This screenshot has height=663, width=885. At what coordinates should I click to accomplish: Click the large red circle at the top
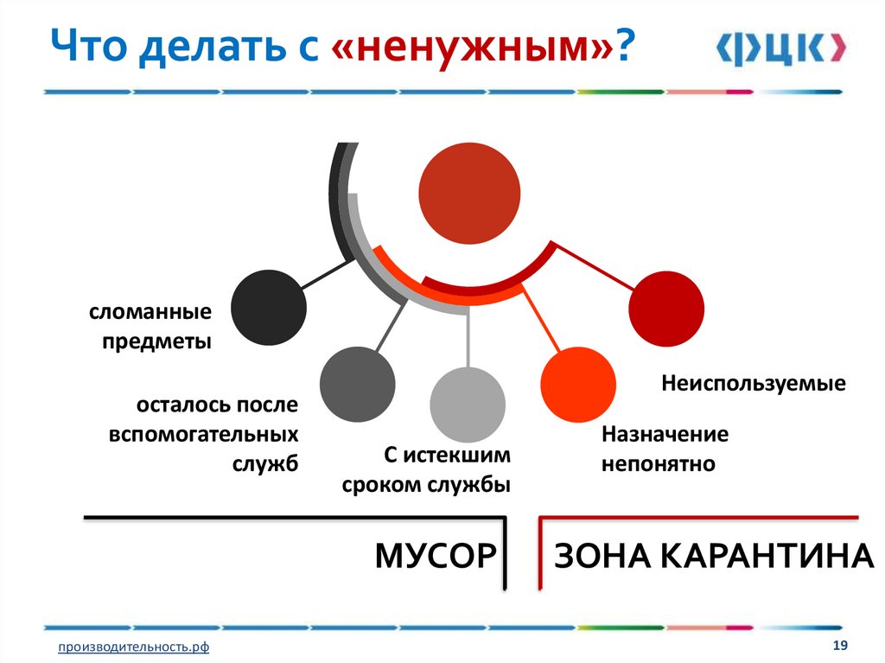469,192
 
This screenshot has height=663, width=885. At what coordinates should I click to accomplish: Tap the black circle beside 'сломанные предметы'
269,309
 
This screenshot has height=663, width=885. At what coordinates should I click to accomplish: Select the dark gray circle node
357,384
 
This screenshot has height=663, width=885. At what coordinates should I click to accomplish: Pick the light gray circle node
468,405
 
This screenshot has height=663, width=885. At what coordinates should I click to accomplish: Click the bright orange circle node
577,384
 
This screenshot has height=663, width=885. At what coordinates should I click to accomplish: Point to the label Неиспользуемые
754,383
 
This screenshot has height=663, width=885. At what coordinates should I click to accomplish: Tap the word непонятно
659,464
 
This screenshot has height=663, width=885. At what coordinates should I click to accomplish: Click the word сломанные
150,311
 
